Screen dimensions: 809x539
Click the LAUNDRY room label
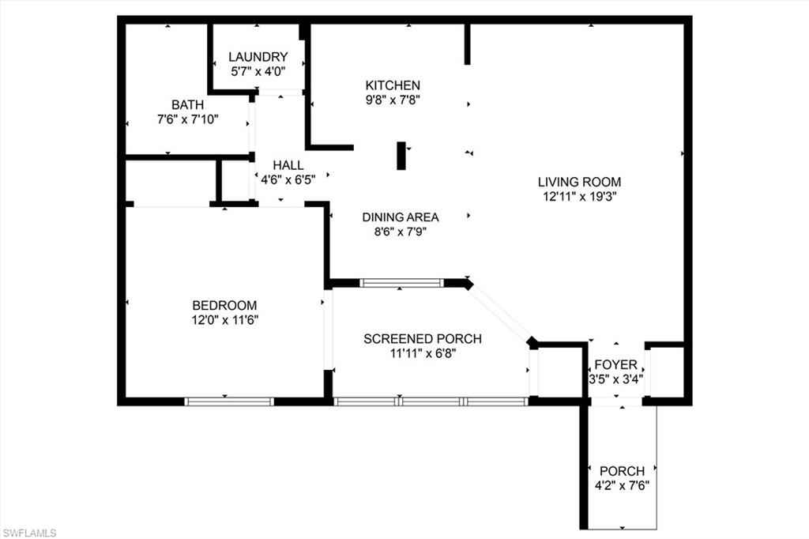coord(258,57)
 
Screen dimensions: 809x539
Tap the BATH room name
coord(188,105)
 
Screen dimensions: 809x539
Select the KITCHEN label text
coord(393,85)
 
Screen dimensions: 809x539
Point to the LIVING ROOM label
coord(579,182)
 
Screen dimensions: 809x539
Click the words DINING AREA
coord(401,217)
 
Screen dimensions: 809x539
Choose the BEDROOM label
coord(224,305)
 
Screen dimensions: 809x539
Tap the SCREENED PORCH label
coord(423,339)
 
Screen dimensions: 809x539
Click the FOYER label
coord(616,364)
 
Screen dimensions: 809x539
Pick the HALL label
coord(288,165)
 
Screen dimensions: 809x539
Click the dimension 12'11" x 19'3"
coord(580,197)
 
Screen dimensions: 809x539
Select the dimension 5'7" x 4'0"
coord(258,71)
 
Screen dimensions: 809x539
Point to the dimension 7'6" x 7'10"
coord(188,119)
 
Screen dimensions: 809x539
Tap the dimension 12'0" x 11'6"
coord(225,320)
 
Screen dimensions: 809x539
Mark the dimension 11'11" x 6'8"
coord(423,353)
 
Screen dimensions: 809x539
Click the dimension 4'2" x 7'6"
coord(622,486)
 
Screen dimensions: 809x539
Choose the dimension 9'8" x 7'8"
coord(393,100)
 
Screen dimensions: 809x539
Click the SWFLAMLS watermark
coord(29,533)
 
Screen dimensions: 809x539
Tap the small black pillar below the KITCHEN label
coord(401,156)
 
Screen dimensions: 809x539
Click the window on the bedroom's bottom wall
coord(229,401)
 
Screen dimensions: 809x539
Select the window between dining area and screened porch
coord(401,283)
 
